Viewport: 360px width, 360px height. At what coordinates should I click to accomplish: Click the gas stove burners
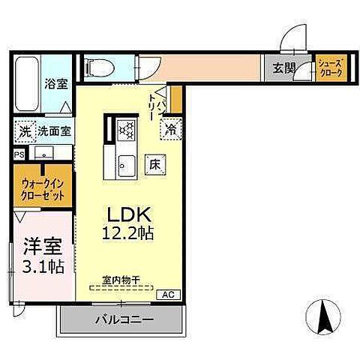(125, 129)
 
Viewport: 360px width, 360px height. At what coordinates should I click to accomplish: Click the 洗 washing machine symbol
(24, 130)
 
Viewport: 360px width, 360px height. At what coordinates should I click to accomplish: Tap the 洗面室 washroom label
(55, 130)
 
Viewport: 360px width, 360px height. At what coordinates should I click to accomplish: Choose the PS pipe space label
(18, 154)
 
